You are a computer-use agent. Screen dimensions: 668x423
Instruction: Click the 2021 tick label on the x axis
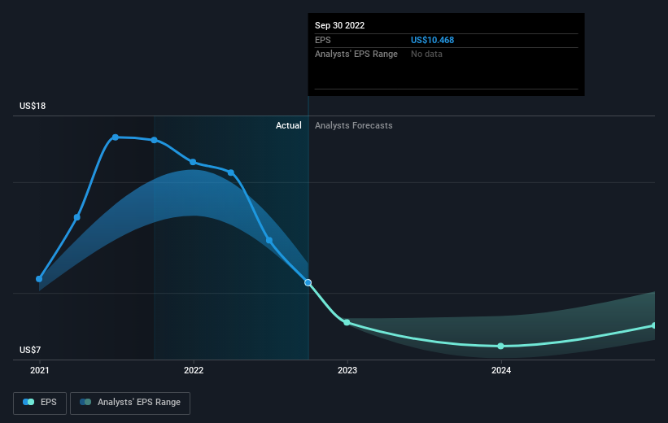40,370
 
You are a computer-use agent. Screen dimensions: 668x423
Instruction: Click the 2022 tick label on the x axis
194,370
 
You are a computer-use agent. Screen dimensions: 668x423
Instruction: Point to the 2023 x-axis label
347,370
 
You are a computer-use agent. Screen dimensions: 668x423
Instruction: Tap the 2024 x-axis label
501,370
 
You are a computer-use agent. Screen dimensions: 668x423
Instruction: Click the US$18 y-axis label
33,106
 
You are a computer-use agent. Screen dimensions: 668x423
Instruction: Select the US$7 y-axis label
30,350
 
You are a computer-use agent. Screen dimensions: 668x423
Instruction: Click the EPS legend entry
40,403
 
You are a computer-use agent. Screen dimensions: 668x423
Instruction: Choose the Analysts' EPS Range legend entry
130,403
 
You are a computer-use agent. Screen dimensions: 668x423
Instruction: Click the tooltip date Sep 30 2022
339,25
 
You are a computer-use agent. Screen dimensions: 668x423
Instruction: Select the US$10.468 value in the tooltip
432,40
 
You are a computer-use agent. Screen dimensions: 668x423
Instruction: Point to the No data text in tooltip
426,55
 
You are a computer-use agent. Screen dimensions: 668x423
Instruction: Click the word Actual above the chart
288,125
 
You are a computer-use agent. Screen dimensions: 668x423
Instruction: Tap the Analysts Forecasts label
354,125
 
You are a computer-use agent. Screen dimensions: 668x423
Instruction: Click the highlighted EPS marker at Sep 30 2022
308,282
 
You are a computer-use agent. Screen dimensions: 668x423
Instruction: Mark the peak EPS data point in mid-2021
116,137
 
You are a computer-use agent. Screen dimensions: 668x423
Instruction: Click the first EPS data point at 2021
39,279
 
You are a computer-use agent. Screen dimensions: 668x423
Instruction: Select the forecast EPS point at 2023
347,322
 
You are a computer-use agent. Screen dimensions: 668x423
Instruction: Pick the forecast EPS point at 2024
501,346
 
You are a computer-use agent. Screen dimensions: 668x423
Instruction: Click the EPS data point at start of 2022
193,162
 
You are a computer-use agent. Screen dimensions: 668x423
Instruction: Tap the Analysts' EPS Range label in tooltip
356,55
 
